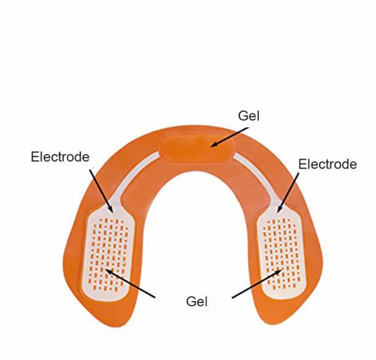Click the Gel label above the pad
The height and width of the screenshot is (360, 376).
249,116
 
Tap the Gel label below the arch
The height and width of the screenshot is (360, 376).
197,301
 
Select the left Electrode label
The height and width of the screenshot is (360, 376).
60,157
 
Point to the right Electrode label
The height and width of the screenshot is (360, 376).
327,164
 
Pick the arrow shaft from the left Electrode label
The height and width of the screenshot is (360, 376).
100,188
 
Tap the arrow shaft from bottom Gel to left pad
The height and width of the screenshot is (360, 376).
132,284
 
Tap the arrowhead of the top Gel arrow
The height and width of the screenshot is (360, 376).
213,145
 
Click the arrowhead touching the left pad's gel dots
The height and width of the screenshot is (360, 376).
108,271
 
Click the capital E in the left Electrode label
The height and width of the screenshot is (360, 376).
35,157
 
